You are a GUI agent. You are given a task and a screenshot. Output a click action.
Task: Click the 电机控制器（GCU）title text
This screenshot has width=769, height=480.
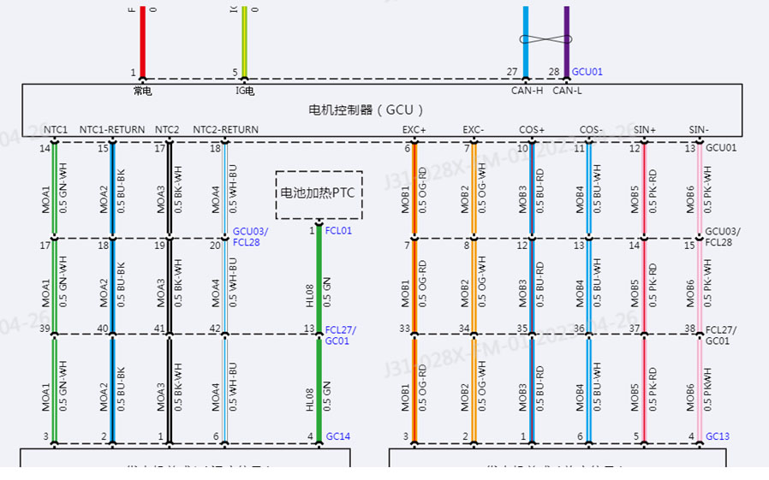click(x=367, y=110)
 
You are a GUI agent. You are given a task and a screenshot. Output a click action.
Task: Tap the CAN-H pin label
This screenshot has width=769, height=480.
click(x=525, y=90)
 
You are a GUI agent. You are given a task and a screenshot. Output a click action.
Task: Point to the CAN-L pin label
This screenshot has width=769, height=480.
click(x=567, y=90)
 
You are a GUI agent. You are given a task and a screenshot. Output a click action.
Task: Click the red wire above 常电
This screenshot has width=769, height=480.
click(x=142, y=39)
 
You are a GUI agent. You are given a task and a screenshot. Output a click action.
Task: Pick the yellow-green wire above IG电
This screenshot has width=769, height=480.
click(x=244, y=39)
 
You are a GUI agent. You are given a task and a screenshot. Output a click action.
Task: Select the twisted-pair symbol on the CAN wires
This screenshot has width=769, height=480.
click(x=545, y=39)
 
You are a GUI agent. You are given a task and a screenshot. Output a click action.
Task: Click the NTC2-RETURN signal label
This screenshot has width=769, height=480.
click(x=225, y=130)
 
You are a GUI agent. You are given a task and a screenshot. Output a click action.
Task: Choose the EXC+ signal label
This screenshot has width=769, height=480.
click(x=414, y=130)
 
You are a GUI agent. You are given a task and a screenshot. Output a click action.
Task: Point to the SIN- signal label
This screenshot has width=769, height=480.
click(x=699, y=130)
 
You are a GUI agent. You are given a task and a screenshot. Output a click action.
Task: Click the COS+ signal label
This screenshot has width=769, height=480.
click(x=532, y=130)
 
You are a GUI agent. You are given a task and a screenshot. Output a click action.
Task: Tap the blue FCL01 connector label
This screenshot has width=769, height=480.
click(x=338, y=231)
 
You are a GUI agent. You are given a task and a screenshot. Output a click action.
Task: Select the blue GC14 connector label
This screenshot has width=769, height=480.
click(x=338, y=436)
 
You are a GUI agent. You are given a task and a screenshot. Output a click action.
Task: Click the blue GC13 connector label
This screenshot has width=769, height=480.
click(x=718, y=436)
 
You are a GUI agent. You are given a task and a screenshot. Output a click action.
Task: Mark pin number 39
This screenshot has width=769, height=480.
click(x=44, y=329)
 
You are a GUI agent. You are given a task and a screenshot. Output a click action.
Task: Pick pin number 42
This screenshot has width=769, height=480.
click(x=215, y=329)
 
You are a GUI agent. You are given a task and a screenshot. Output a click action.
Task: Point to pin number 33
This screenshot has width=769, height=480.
click(x=405, y=329)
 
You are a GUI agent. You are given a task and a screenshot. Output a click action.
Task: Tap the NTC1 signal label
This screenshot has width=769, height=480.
click(x=56, y=130)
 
